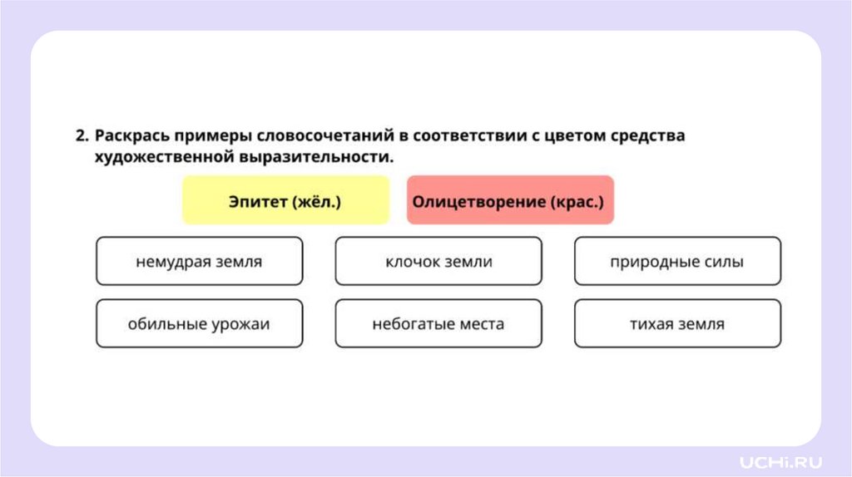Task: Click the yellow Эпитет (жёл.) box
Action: click(x=285, y=200)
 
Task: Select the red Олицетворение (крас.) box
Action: click(x=510, y=200)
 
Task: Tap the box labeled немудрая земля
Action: click(x=199, y=262)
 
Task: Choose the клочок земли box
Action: click(x=438, y=262)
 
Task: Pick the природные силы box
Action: click(x=677, y=262)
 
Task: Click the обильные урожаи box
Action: click(x=199, y=323)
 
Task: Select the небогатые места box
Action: click(x=438, y=323)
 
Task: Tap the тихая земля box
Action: click(x=677, y=323)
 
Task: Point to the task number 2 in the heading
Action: click(x=81, y=135)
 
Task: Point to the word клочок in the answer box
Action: click(x=412, y=262)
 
